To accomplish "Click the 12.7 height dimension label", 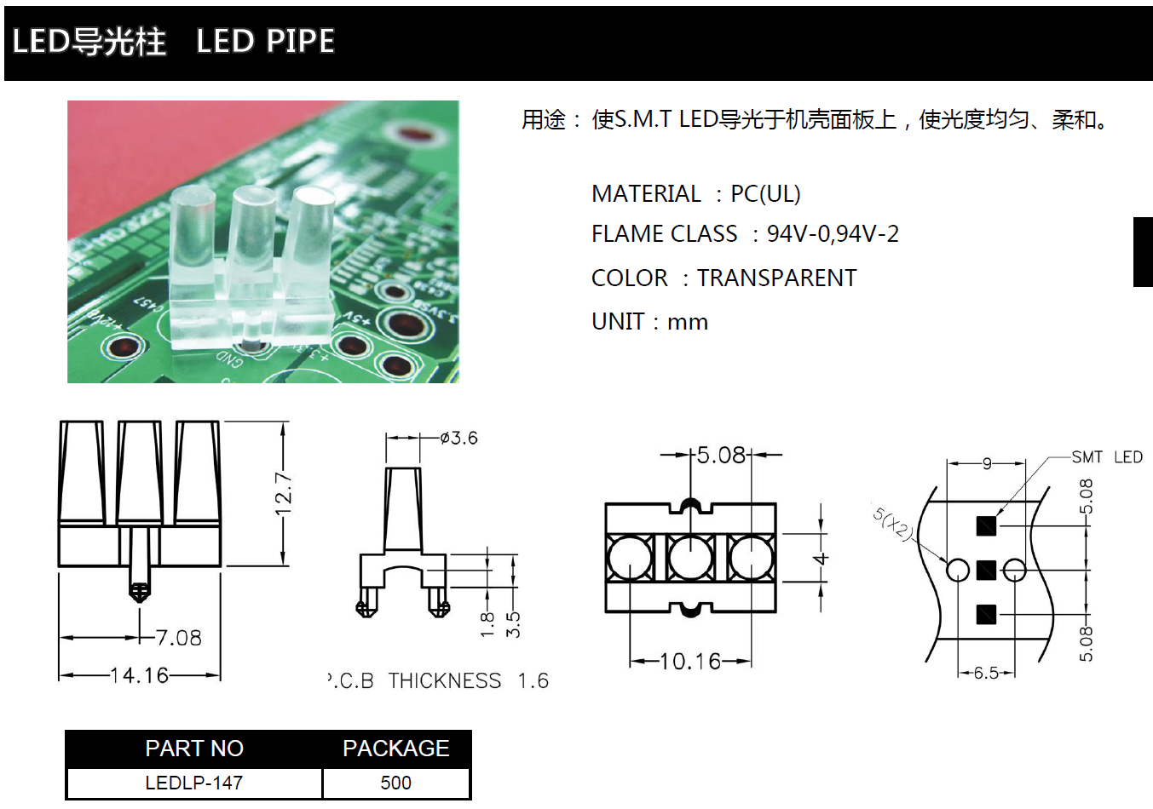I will pyautogui.click(x=284, y=494).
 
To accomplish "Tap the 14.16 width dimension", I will pyautogui.click(x=140, y=675).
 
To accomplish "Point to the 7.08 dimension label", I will pyautogui.click(x=179, y=638).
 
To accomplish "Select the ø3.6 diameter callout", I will pyautogui.click(x=459, y=438).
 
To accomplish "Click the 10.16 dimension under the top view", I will pyautogui.click(x=690, y=661).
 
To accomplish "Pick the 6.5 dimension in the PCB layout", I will pyautogui.click(x=986, y=673).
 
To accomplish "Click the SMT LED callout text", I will pyautogui.click(x=1106, y=457).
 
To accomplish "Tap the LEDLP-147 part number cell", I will pyautogui.click(x=194, y=783).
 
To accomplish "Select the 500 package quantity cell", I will pyautogui.click(x=395, y=783).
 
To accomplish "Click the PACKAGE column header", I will pyautogui.click(x=395, y=749).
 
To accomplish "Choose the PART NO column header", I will pyautogui.click(x=194, y=749).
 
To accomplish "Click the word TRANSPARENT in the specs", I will pyautogui.click(x=776, y=278).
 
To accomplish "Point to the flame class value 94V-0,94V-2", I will pyautogui.click(x=833, y=234).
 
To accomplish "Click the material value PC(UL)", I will pyautogui.click(x=765, y=194).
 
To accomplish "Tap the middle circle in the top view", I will pyautogui.click(x=690, y=558).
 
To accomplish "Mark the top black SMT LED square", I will pyautogui.click(x=986, y=525).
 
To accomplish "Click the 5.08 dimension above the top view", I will pyautogui.click(x=721, y=456).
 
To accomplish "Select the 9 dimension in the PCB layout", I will pyautogui.click(x=987, y=463).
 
